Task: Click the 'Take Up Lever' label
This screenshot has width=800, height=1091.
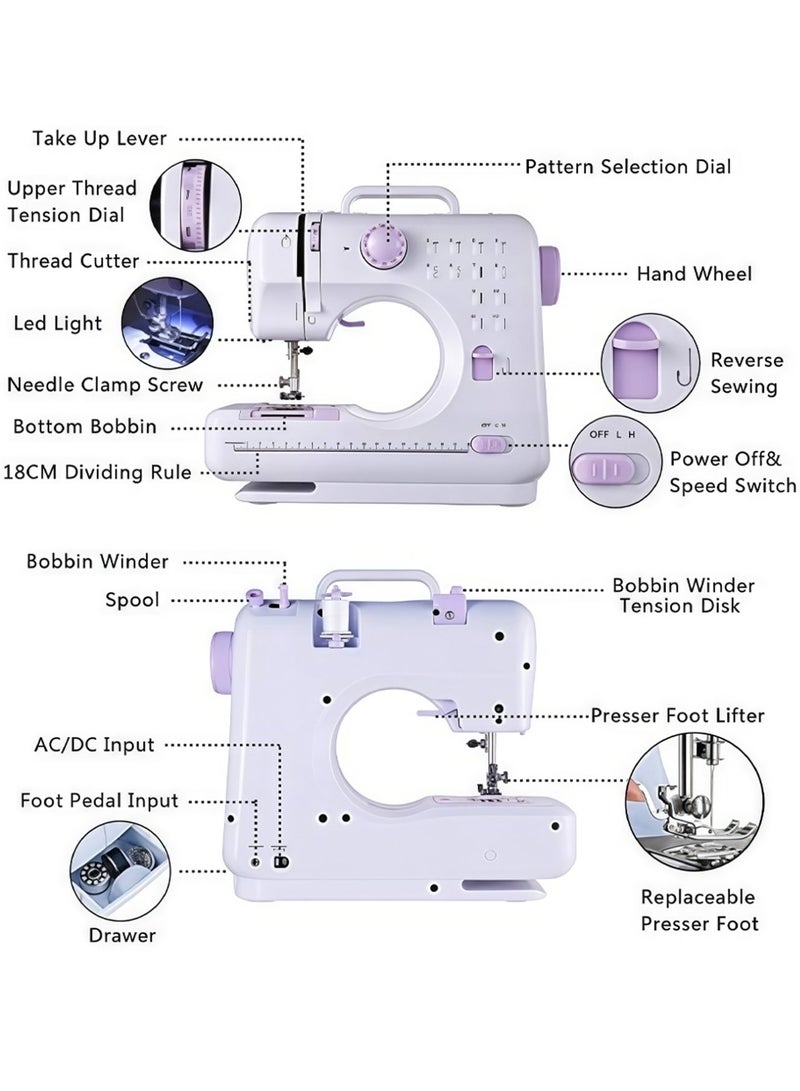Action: coord(100,138)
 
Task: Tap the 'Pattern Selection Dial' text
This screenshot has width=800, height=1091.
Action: coord(628,167)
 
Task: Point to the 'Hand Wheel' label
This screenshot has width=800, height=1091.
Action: coord(694,274)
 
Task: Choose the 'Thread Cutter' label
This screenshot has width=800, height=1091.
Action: coord(73,261)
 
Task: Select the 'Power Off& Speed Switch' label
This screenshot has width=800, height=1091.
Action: coord(732,472)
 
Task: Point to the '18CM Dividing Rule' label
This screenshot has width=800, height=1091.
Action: coord(97,471)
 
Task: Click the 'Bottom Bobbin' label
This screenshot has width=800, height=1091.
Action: coord(85,427)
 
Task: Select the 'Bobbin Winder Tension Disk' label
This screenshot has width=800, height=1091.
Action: coord(684,595)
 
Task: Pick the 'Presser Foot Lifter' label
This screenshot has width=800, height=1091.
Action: coord(677,716)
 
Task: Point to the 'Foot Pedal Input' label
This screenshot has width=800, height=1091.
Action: coord(100,801)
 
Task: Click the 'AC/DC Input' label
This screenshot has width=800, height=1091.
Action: coord(95,745)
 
